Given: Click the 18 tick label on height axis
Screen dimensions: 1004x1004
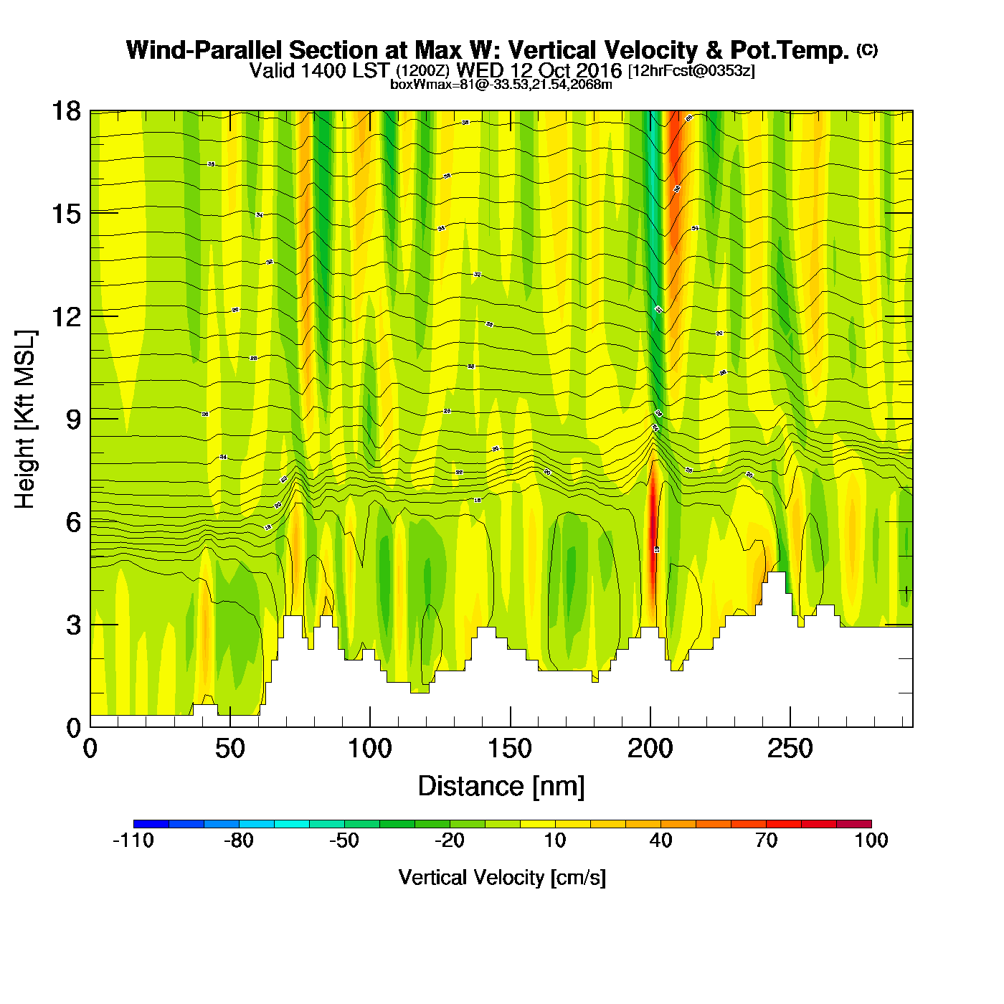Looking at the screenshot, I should coord(66,111).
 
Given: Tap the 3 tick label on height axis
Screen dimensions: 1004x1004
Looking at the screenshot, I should coord(73,625).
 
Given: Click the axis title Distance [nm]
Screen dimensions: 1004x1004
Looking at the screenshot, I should coord(501,787).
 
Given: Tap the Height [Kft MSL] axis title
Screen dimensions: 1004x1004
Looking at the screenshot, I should coord(25,420).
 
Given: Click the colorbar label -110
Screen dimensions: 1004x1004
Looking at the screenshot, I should coord(133,840).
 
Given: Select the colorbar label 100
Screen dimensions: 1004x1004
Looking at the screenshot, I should coord(871,840).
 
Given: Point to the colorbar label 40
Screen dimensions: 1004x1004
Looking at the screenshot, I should coord(660,840).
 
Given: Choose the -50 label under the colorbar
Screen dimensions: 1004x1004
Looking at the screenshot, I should coord(344,840).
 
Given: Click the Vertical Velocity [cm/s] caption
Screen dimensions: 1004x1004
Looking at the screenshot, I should coord(502,878).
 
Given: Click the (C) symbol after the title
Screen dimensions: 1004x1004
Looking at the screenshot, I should coord(867,49).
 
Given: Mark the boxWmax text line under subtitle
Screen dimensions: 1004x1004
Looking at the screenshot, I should coord(501,85).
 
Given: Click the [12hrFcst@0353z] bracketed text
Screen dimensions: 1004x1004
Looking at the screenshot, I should coord(691,71).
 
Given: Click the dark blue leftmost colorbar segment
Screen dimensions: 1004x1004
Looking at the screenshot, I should coord(151,823).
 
